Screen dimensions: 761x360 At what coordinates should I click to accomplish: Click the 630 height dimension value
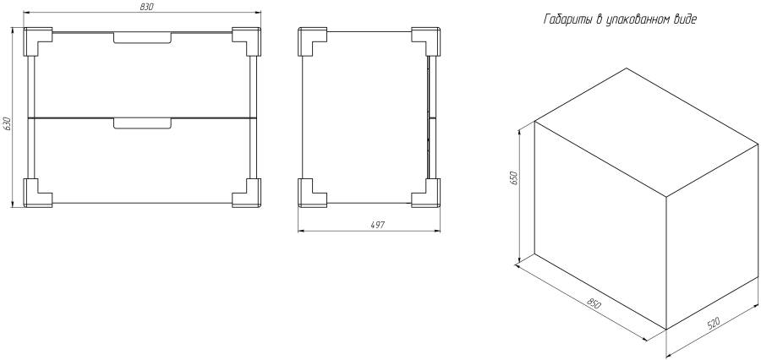click(x=6, y=124)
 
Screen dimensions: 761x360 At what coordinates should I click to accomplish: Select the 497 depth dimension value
click(x=377, y=225)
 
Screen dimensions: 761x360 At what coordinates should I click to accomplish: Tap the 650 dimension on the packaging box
click(x=516, y=178)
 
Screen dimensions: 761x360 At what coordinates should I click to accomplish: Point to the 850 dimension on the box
click(x=594, y=305)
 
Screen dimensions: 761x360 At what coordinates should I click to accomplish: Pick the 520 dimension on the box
click(x=713, y=324)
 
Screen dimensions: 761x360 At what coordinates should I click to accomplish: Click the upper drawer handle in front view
click(x=143, y=38)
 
